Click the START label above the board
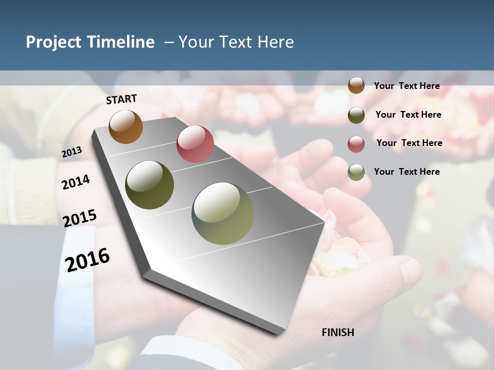pos(121,99)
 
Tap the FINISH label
pos(338,332)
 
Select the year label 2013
pos(72,152)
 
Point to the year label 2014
pos(76,182)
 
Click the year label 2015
pos(80,218)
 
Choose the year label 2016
pos(88,260)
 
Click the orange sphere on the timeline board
pos(126,126)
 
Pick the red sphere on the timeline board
pos(195,144)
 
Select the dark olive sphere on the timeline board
pos(149,185)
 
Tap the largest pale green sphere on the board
pos(223,213)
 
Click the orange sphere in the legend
pos(356,86)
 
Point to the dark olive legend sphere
pos(356,115)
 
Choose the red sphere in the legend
pos(356,144)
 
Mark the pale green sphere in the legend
pos(356,172)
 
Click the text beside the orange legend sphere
pos(407,86)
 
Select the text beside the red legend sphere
pos(409,143)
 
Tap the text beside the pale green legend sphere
pos(407,172)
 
